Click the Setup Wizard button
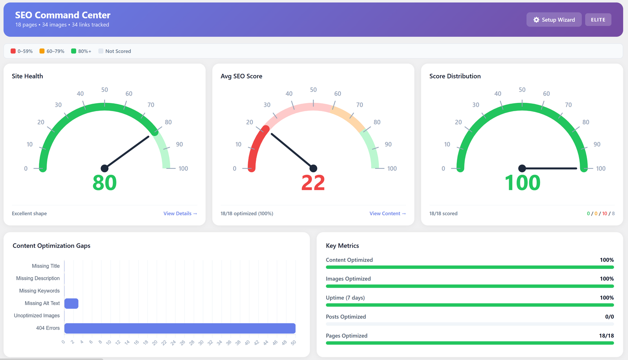(554, 20)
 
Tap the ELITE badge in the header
(598, 20)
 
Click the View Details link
(180, 214)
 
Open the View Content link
(387, 214)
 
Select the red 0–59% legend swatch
(13, 51)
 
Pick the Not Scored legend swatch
(101, 51)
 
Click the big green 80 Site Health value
(104, 183)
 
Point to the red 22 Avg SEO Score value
(313, 183)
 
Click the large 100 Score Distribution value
(522, 183)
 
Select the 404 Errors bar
(180, 328)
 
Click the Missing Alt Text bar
(71, 303)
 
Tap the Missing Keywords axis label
(39, 291)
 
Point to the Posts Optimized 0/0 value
(609, 317)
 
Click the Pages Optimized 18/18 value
(606, 336)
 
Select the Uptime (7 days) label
(345, 298)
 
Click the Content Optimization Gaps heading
(51, 246)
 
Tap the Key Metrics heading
(342, 246)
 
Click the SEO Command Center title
(63, 15)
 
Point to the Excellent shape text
(29, 214)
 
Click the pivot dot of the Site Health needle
(104, 168)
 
